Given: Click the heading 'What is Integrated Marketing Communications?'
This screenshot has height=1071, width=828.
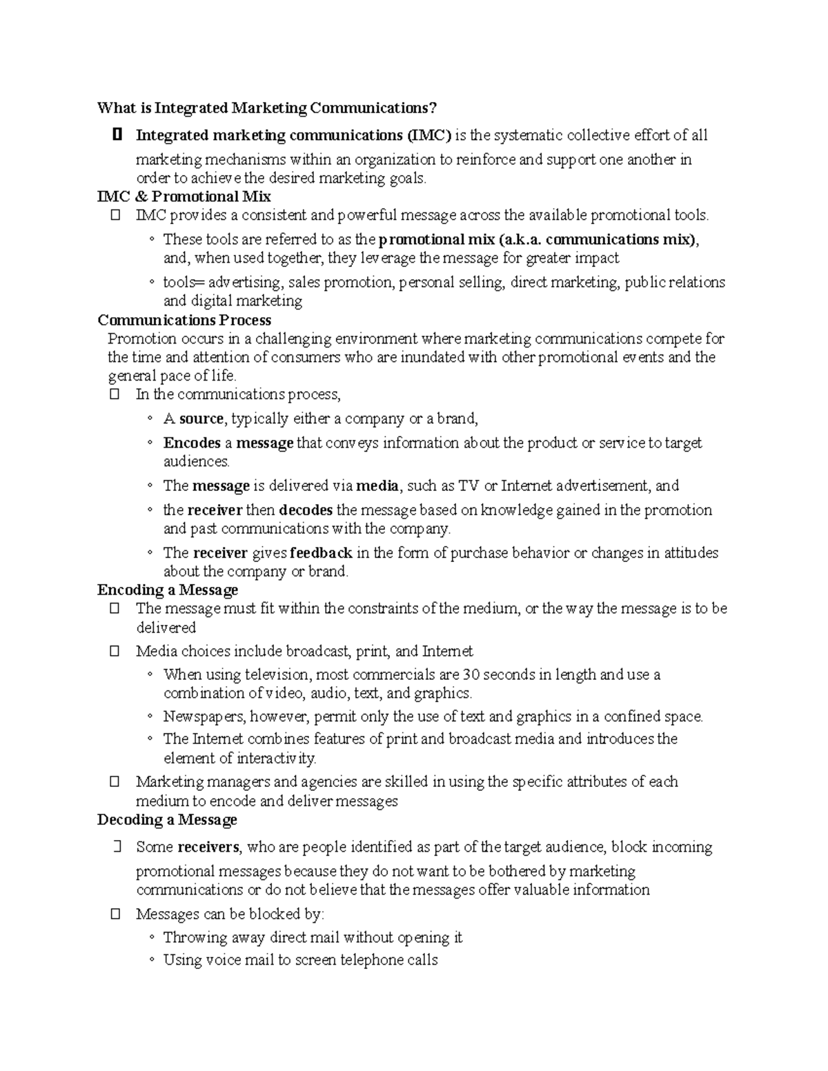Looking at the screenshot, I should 267,108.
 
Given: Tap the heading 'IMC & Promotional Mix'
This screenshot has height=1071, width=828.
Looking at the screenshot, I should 184,197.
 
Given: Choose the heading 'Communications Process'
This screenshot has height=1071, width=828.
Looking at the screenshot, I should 184,320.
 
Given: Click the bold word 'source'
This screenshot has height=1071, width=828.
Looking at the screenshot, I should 201,419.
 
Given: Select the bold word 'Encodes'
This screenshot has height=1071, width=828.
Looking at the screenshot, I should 192,443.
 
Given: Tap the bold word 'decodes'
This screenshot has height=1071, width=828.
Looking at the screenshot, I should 306,510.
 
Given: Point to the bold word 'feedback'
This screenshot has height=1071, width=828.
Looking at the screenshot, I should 322,553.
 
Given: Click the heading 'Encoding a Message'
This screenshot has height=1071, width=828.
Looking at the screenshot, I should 168,590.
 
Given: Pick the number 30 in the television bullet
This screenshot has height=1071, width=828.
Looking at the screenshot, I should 470,674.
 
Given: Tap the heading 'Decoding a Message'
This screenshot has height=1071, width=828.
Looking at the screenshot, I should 167,820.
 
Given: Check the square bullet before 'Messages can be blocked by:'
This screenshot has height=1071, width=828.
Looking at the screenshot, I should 115,914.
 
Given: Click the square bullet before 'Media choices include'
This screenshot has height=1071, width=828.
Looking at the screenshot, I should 115,651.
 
